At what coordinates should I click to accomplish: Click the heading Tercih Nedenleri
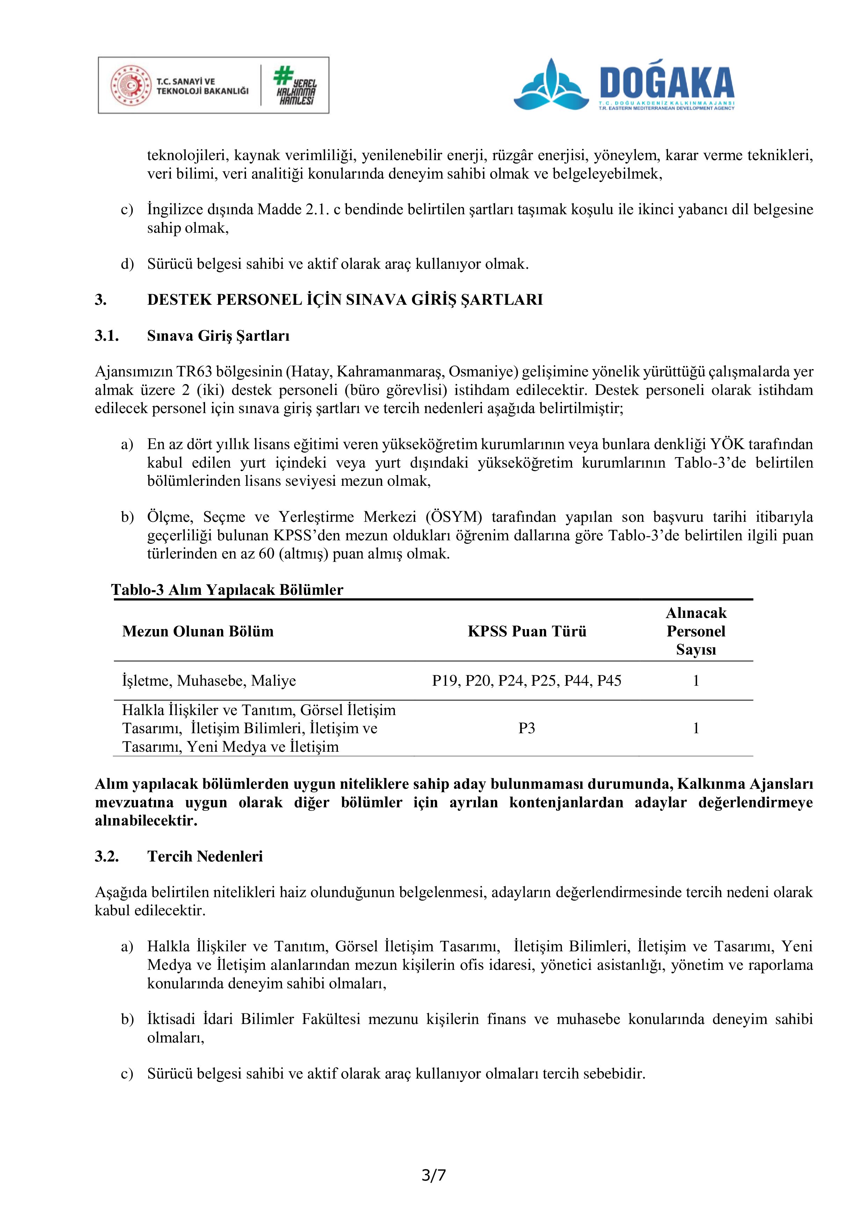point(205,857)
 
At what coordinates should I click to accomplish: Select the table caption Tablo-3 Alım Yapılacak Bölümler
point(227,590)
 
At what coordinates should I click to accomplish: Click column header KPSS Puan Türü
point(527,631)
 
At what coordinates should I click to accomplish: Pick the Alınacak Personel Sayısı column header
point(696,631)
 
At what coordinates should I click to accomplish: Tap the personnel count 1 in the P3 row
point(696,728)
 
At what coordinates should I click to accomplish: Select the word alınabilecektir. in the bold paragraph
point(146,821)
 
